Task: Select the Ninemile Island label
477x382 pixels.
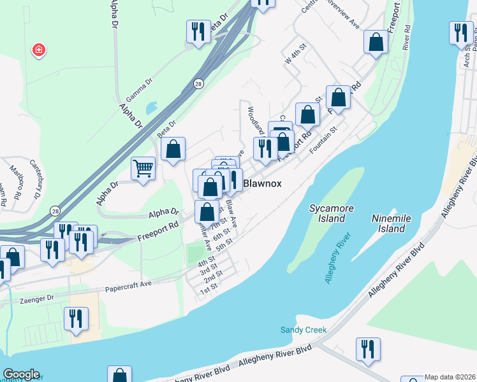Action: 389,223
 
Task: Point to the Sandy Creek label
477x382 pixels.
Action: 304,330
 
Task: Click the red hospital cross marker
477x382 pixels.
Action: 39,50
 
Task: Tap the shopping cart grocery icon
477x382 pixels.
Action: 143,169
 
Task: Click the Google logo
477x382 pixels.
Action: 21,374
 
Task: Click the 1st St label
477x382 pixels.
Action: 210,290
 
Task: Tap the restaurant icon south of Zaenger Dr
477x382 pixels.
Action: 76,318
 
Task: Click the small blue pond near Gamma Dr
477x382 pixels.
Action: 152,108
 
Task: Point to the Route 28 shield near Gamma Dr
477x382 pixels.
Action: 200,84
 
